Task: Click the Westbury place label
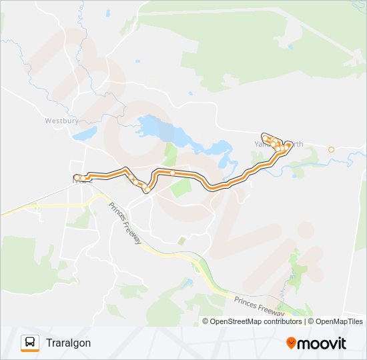point(61,121)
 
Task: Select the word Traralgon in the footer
point(69,343)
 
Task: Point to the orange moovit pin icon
point(291,343)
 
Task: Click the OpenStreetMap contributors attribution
point(256,321)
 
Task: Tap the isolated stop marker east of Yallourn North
point(331,149)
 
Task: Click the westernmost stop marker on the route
point(77,177)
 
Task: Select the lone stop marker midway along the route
point(172,173)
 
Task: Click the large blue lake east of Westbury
point(155,127)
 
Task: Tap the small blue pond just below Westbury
point(85,133)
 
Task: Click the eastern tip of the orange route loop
point(289,144)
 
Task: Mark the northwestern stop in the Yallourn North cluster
point(266,138)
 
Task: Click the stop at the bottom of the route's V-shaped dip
point(147,190)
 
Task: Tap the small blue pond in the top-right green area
point(290,45)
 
